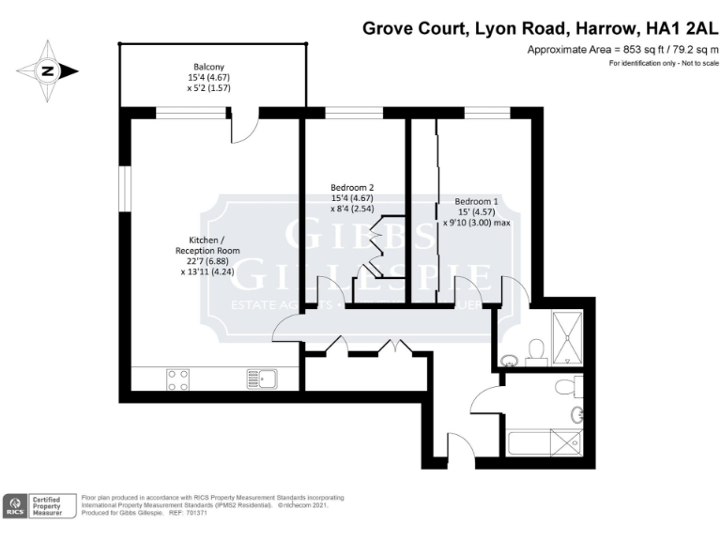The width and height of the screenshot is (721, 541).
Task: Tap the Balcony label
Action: point(208,67)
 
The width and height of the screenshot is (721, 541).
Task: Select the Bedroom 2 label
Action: point(352,187)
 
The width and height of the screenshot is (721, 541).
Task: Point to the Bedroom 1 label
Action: point(476,201)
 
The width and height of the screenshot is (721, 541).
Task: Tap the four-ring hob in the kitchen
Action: point(177,379)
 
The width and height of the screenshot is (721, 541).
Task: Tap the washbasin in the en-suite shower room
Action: point(509,359)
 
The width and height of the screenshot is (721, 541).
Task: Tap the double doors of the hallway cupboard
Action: point(367,346)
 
